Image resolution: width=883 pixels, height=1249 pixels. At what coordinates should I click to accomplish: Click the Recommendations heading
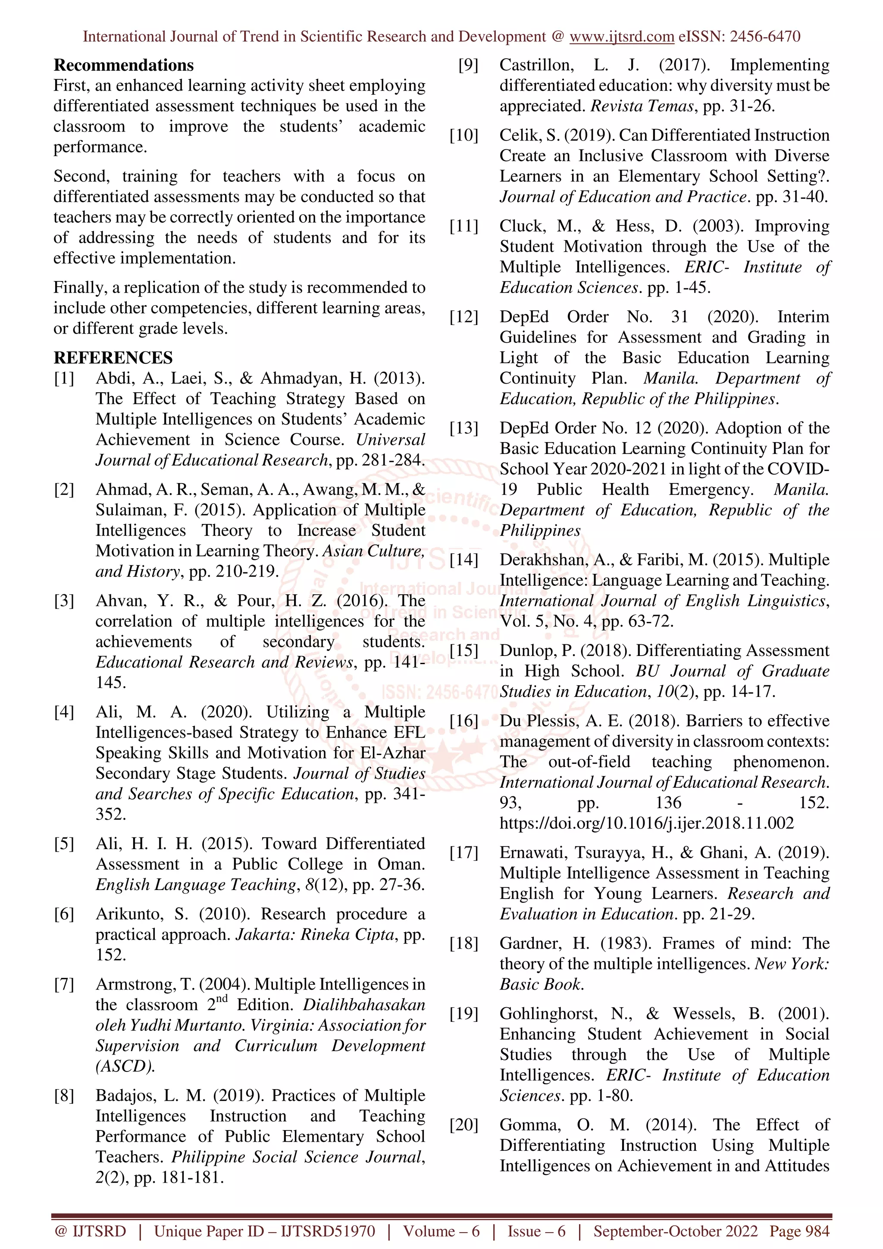coord(123,65)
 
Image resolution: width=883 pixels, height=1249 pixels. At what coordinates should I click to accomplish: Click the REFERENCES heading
coord(113,358)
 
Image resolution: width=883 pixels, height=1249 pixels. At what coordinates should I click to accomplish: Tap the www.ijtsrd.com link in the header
coord(622,37)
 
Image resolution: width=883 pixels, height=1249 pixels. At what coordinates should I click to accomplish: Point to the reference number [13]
coord(463,428)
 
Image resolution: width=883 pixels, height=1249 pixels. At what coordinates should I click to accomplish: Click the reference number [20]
coord(463,1124)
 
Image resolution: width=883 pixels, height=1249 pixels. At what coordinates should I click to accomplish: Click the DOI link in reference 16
coord(646,823)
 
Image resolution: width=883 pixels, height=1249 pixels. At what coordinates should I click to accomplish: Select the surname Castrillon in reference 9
coord(536,65)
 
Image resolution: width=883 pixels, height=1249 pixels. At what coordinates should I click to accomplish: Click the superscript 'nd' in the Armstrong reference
coord(222,998)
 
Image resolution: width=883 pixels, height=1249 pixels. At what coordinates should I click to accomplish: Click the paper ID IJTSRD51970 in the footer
coord(328,1231)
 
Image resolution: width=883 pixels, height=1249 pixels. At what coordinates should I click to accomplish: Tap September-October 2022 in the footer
coord(675,1231)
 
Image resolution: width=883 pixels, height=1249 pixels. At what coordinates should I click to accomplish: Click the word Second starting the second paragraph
coord(81,176)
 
